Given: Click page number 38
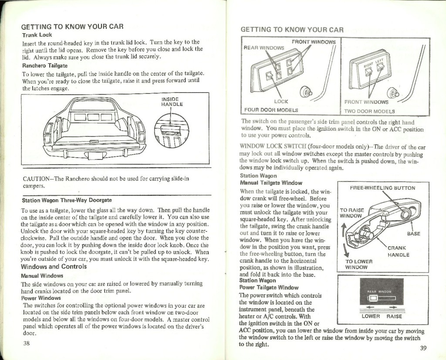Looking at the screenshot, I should coord(26,342).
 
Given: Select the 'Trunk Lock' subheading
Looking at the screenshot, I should coord(37,35).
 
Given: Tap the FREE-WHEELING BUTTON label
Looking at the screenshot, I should coord(383,188).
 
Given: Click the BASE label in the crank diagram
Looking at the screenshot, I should coord(413,234).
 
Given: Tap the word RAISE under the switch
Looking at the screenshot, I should coord(394,316).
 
